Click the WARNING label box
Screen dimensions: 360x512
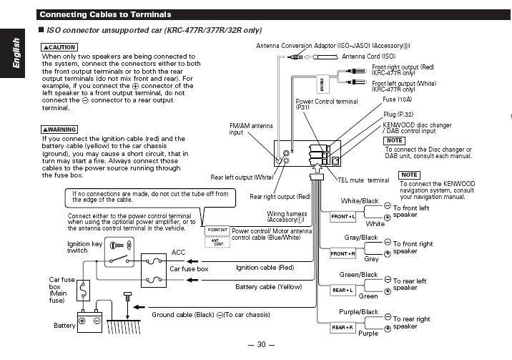59,130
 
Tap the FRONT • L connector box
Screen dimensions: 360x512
343,216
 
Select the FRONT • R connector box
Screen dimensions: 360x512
343,253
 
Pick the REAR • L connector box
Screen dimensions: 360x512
343,290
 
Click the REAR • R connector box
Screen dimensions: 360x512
343,327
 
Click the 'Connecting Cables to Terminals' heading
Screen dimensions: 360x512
105,14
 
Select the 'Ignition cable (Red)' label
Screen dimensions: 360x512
265,268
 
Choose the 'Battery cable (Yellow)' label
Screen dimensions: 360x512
269,286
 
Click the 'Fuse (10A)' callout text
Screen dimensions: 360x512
397,99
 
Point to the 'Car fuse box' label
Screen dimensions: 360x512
189,268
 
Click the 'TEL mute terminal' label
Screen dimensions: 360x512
363,180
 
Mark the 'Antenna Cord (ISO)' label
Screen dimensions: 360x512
368,56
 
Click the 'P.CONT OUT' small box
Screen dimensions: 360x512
217,230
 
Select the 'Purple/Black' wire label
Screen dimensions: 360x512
360,312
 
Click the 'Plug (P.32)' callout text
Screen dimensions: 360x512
399,114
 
